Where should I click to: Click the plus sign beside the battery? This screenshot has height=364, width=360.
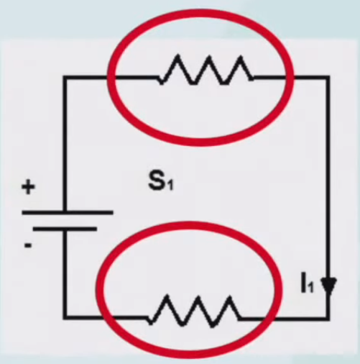click(28, 187)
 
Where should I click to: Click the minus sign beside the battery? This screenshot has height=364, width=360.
click(28, 245)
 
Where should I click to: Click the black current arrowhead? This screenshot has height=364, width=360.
click(328, 286)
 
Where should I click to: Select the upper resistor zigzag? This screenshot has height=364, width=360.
click(206, 70)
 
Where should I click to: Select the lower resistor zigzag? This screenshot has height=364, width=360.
click(195, 311)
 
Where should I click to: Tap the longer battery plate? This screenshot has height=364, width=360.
click(68, 212)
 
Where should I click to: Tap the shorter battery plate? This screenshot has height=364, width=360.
click(65, 229)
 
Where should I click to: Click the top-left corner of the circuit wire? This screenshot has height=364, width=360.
click(65, 78)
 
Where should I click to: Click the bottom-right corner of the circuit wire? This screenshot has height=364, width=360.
click(328, 318)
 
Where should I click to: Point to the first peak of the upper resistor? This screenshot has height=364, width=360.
click(177, 55)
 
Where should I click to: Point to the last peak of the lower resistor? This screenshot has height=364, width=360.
click(230, 297)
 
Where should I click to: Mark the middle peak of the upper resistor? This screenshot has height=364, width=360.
click(209, 57)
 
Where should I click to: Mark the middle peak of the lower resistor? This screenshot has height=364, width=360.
click(198, 297)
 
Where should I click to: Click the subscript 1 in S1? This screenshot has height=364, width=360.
click(170, 185)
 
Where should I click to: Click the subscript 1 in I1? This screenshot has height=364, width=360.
click(310, 288)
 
